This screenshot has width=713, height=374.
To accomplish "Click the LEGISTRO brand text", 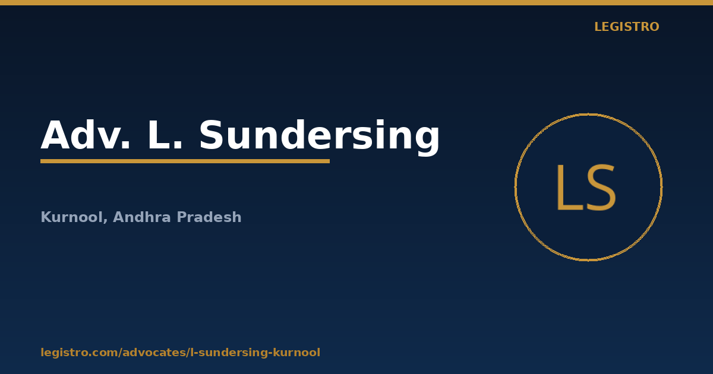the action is [626, 27].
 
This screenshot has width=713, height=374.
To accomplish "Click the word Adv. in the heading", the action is [86, 135].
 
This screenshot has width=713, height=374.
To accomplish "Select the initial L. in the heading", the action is [165, 135].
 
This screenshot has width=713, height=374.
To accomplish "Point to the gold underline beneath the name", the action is [185, 161].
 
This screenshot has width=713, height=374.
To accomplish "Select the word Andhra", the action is [142, 217].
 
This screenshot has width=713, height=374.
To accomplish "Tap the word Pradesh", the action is [209, 217].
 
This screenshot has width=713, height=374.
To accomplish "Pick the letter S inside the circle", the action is [601, 188].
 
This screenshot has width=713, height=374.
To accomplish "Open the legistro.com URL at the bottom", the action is [181, 353].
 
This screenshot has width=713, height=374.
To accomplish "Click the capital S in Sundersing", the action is [212, 135].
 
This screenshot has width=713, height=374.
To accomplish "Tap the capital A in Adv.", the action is [55, 135].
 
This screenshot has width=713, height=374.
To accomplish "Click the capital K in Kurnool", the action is [46, 217].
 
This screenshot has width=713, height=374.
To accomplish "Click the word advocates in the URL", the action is [154, 353].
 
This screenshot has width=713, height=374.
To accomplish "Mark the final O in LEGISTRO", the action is [653, 27].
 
